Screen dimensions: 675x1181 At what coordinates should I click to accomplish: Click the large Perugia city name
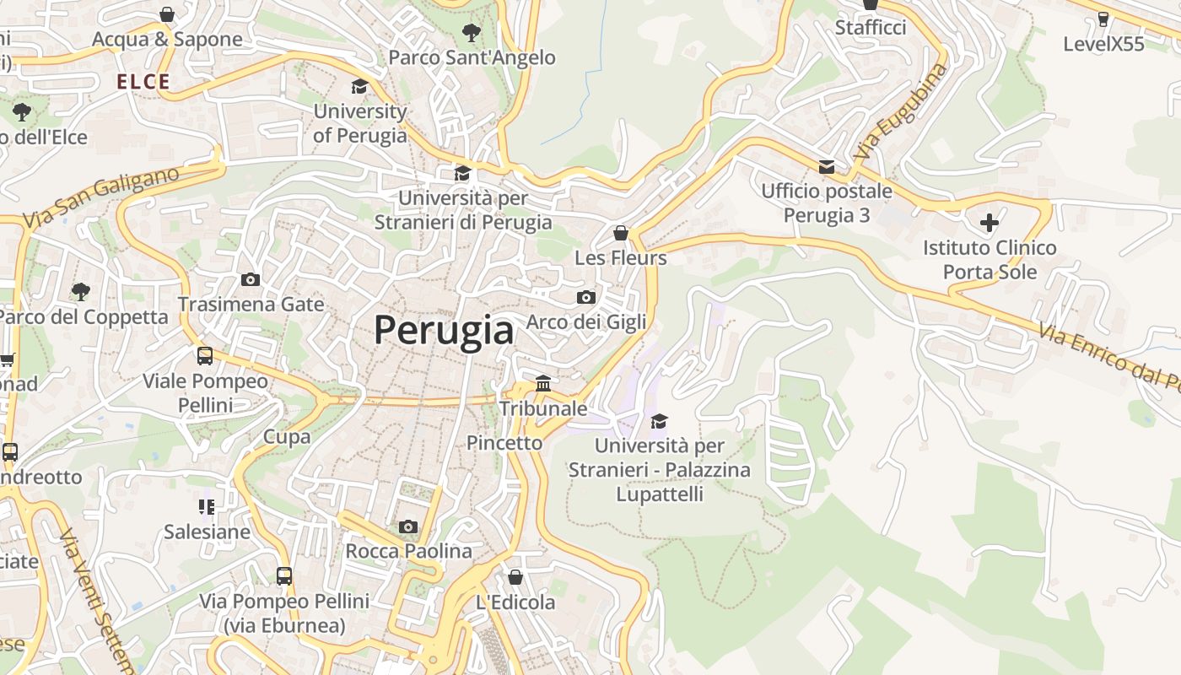click(444, 330)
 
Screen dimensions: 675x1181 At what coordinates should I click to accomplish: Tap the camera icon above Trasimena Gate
click(251, 279)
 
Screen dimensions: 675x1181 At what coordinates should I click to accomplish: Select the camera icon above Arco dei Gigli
click(586, 297)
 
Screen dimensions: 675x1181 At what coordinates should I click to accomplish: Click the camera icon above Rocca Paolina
click(408, 526)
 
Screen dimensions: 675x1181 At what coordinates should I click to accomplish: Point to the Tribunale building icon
click(543, 384)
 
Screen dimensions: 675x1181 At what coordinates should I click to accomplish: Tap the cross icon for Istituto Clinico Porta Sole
click(989, 223)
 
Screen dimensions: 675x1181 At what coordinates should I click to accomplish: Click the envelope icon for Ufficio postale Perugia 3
click(827, 166)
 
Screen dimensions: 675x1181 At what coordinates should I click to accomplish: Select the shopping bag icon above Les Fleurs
click(621, 233)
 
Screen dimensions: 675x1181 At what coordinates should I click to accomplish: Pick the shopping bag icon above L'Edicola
click(515, 577)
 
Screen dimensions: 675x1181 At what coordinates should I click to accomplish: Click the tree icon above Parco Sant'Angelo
click(472, 33)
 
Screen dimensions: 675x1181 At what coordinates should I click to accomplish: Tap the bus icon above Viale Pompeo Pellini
click(205, 355)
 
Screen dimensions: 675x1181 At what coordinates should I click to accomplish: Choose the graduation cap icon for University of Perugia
click(360, 86)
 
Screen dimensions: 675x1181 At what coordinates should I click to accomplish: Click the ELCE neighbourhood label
click(143, 82)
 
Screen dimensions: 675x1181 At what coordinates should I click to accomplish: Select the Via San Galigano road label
click(101, 197)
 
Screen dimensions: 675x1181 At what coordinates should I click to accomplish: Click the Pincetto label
click(504, 442)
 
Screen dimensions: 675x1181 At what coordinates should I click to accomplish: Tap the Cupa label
click(287, 436)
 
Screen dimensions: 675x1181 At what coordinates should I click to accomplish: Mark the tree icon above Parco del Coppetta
click(81, 292)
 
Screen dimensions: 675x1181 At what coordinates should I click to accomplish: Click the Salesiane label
click(207, 532)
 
